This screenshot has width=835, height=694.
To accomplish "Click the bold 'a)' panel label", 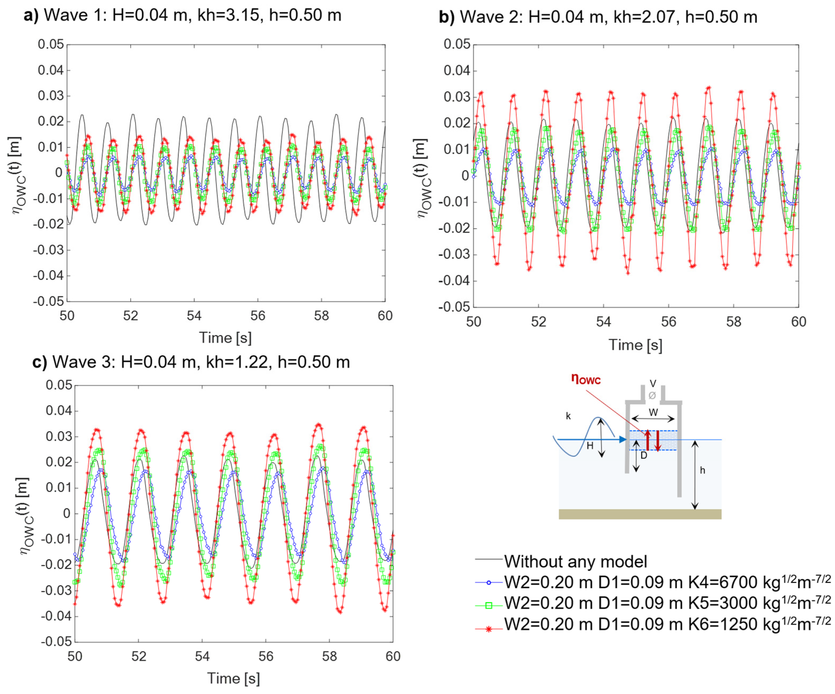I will point(31,15).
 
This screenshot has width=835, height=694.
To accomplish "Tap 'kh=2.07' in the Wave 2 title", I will point(644,17).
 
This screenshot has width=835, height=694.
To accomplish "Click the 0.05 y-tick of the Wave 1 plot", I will point(51,44).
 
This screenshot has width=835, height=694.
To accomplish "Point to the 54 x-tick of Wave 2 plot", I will point(603,322).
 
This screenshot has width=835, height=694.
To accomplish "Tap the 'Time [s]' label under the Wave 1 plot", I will point(226,338).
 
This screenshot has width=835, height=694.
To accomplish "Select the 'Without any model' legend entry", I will point(575,562).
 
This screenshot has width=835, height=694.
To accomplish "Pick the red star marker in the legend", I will point(489,630).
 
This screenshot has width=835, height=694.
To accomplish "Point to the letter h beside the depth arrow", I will point(702,470).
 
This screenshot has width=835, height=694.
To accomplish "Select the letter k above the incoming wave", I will point(568,416).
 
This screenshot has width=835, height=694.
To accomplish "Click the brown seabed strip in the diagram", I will point(640,514).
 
